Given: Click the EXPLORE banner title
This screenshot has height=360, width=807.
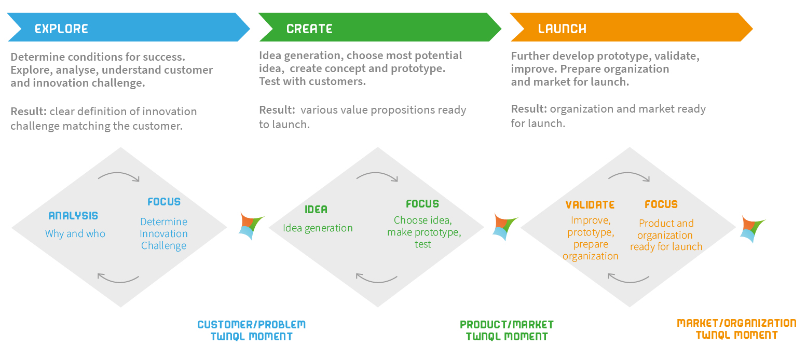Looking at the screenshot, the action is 61,29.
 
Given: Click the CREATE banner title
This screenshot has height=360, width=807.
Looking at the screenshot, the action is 309,29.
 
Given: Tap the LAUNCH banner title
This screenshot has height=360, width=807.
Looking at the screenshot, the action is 562,29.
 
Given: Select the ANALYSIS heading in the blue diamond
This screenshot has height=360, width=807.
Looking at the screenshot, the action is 73,216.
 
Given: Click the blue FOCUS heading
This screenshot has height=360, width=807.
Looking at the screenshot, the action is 164,202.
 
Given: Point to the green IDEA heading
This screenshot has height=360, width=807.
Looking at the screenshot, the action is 316,210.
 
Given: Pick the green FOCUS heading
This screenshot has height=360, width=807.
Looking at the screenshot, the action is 422,204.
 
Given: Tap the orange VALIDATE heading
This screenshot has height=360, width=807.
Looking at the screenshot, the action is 590,205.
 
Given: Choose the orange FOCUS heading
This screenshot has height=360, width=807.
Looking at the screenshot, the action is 661,204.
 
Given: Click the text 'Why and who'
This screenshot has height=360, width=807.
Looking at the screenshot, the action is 75,233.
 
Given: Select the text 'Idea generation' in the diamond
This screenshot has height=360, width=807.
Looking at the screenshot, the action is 318,228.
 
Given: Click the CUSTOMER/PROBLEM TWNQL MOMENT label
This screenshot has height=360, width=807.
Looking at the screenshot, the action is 252,330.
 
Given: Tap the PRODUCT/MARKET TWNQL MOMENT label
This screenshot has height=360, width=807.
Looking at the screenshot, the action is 507,330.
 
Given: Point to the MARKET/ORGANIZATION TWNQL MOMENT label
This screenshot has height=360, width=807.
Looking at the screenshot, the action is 737,329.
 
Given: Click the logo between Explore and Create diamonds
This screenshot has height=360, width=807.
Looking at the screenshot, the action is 252,226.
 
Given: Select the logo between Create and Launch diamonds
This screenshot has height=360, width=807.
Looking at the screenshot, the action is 505,227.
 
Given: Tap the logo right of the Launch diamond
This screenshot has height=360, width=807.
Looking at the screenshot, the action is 753,229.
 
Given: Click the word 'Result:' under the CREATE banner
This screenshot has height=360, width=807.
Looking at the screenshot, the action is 277,110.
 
